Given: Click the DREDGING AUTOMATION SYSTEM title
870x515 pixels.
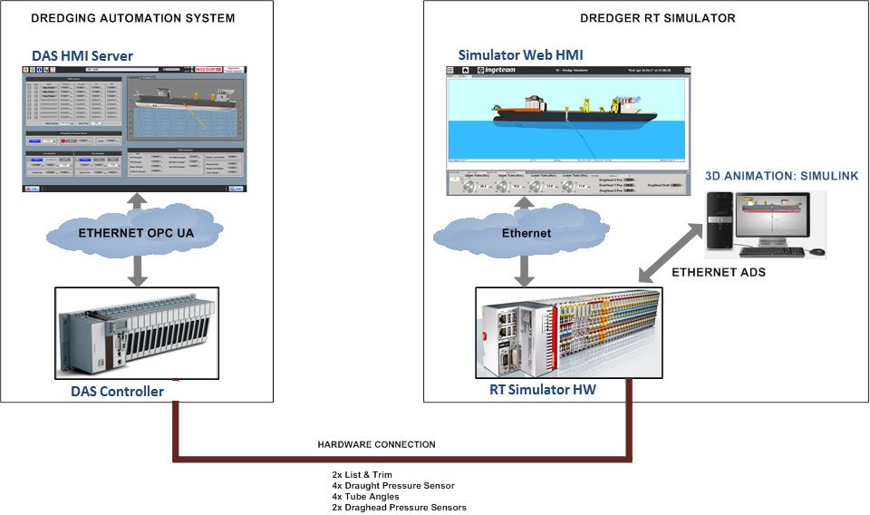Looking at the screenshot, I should point(133,18).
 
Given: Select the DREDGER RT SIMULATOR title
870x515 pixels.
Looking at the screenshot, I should point(644,18).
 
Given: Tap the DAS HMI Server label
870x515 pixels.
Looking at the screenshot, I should point(82,56).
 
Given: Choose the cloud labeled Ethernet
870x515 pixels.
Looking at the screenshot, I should point(526,233).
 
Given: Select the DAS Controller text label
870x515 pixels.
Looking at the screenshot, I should point(118,392).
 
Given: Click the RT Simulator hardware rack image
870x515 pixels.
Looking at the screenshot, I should point(568,333).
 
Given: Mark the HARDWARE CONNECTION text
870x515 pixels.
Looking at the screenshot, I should point(376,444).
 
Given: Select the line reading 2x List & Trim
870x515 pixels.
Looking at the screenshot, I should point(362,474).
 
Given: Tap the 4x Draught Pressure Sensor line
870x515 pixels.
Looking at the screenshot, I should point(384,485).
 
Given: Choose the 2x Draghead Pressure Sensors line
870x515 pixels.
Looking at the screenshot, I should point(399,507).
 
